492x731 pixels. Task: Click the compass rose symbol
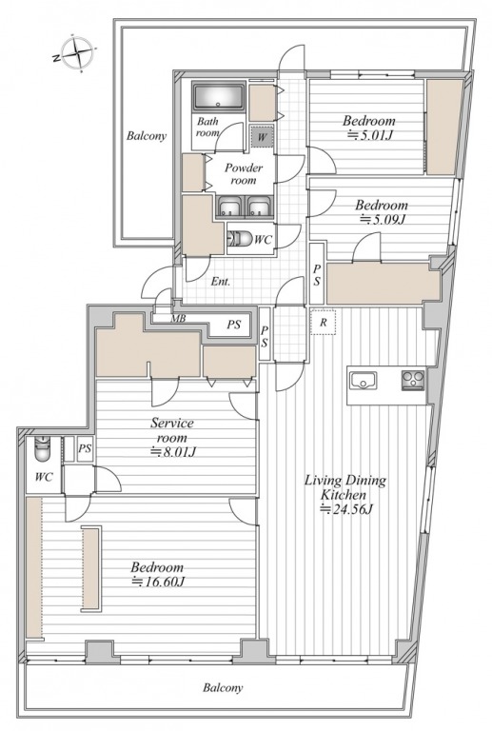76,53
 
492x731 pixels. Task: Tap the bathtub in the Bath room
219,97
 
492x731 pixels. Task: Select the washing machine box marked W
262,137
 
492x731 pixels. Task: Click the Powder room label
244,174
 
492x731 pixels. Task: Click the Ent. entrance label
221,282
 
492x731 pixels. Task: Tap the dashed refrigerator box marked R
323,322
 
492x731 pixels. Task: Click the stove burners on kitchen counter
413,380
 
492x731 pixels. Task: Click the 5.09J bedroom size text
382,219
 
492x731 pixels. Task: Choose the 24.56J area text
346,509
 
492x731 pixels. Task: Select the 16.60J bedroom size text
158,582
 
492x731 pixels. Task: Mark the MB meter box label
178,319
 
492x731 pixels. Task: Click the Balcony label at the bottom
223,687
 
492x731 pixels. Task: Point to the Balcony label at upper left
147,136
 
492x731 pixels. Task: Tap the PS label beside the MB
233,325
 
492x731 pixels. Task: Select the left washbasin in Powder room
229,206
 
